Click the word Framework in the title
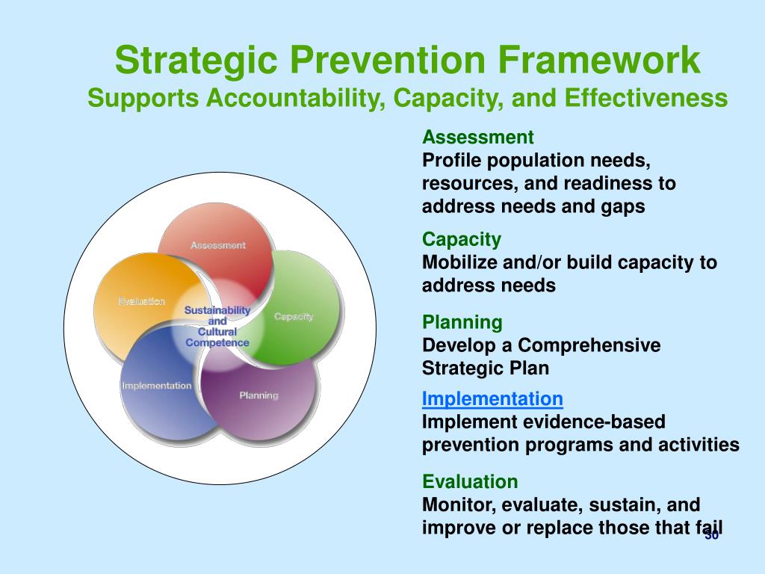(x=600, y=60)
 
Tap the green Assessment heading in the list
(x=477, y=138)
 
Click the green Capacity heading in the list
(x=462, y=240)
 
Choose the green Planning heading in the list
(x=462, y=323)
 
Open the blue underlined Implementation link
(x=492, y=399)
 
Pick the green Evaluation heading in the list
(x=470, y=482)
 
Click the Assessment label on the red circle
(x=218, y=245)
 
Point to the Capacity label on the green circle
(x=293, y=317)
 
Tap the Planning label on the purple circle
(x=258, y=395)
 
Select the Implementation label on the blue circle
(x=157, y=386)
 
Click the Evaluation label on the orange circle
(x=141, y=301)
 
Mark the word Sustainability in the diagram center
(x=217, y=310)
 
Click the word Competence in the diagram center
(x=217, y=342)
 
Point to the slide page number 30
(x=712, y=535)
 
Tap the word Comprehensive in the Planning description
(x=589, y=345)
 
